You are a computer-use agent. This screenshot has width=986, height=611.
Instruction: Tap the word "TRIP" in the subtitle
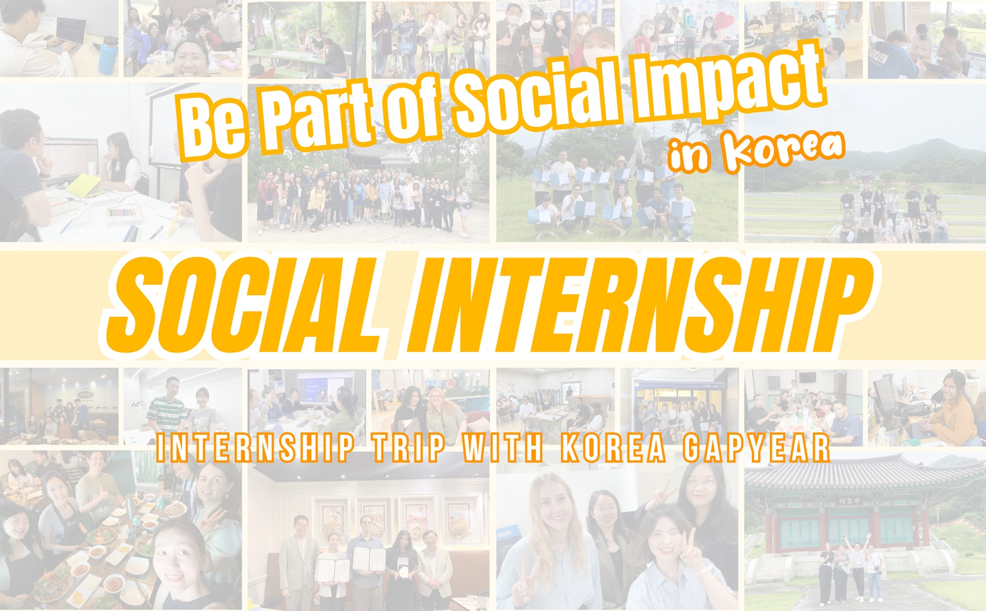tap(409, 448)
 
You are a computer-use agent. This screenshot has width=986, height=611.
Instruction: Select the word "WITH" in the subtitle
tap(503, 448)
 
